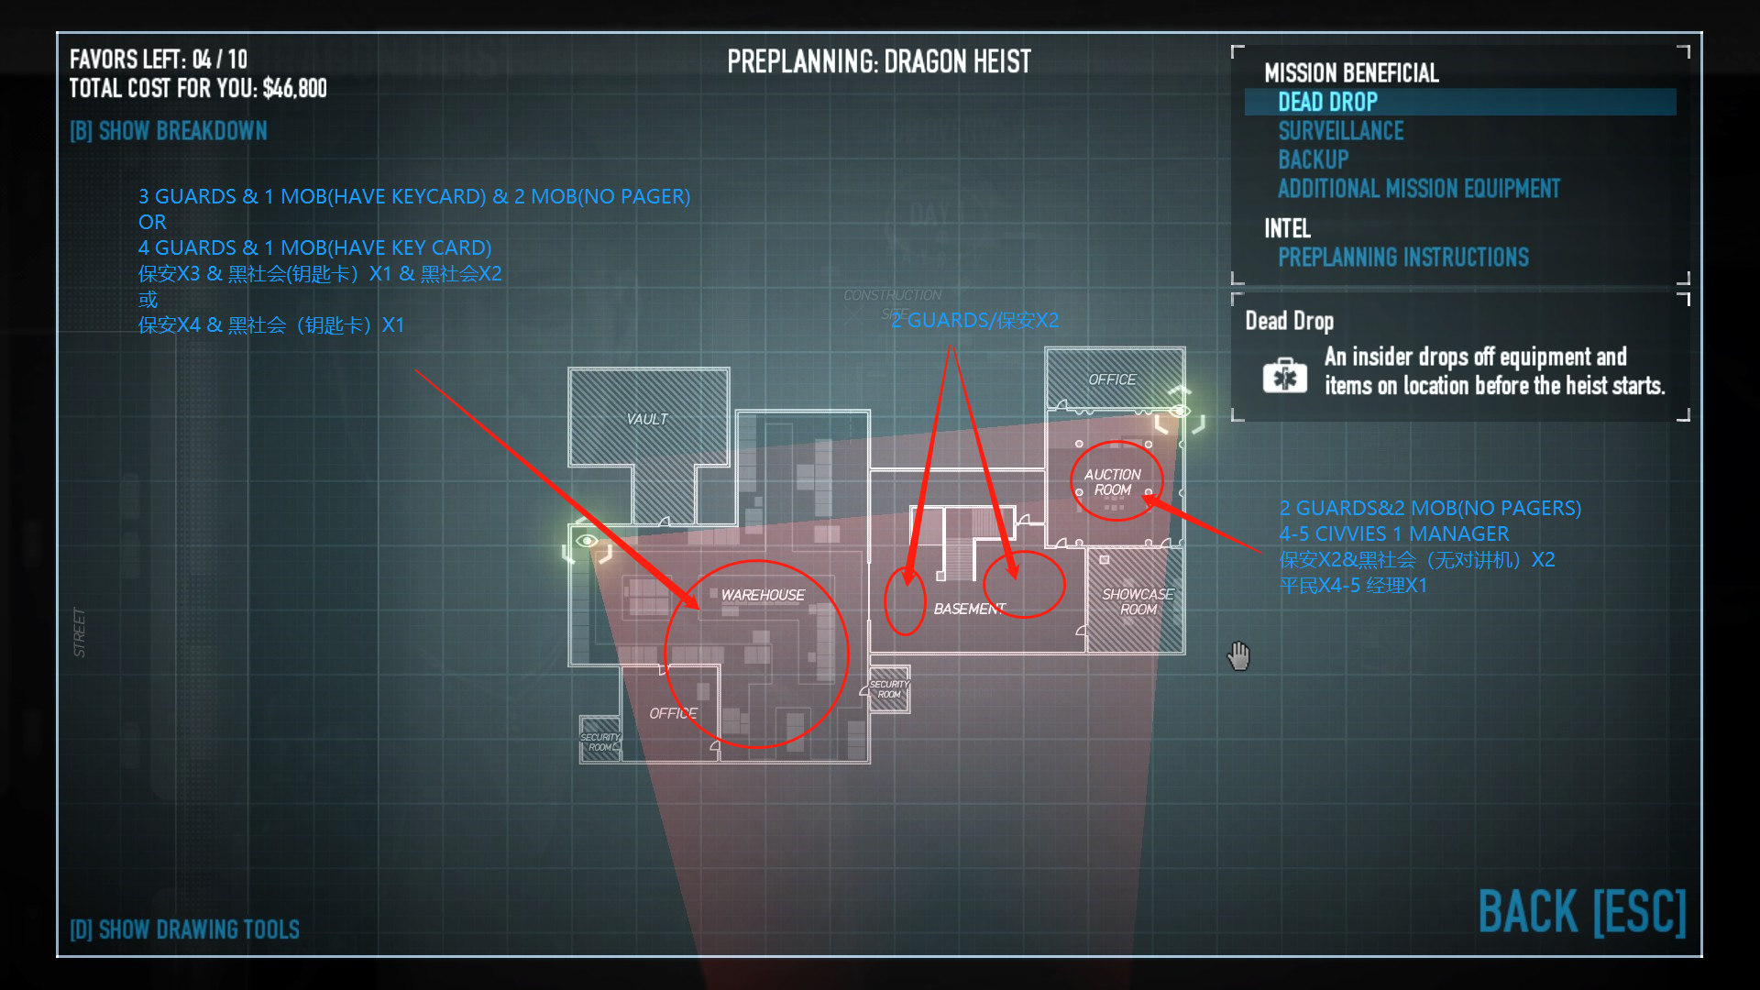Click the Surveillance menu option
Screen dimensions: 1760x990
tap(1340, 131)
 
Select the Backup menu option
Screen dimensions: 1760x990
tap(1313, 159)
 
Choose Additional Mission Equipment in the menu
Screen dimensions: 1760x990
tap(1418, 189)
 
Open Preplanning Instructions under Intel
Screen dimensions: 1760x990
tap(1402, 258)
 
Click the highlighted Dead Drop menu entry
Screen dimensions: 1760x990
tap(1327, 102)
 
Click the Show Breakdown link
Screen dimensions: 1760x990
tap(169, 131)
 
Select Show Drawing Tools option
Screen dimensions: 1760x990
tap(184, 929)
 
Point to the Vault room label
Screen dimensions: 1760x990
tap(647, 419)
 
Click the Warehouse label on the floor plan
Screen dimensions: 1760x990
tap(763, 595)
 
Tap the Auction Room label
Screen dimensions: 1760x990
tap(1113, 482)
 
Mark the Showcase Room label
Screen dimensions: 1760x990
tap(1138, 601)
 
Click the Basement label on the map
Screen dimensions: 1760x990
tap(969, 609)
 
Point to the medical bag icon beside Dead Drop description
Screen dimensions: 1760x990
tap(1284, 375)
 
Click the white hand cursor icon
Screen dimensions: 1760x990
tap(1238, 655)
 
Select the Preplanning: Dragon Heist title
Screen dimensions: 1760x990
tap(878, 62)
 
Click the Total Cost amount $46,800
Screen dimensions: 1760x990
tap(294, 89)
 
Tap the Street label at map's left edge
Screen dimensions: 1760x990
tap(80, 632)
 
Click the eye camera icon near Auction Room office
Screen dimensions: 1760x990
tap(1180, 411)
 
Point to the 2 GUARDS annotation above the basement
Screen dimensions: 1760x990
tap(974, 320)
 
